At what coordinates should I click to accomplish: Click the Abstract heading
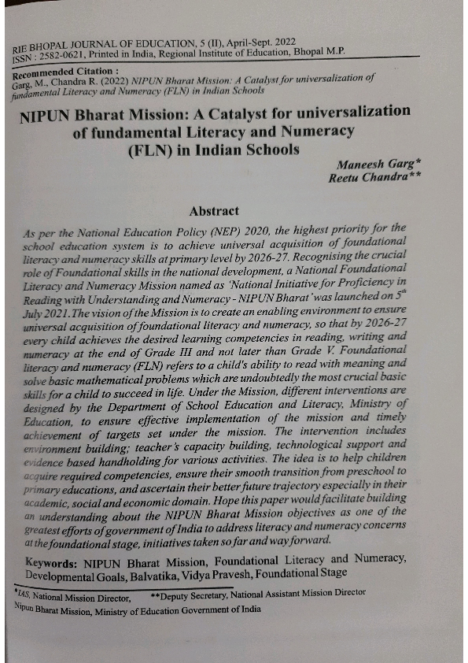click(x=214, y=211)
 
